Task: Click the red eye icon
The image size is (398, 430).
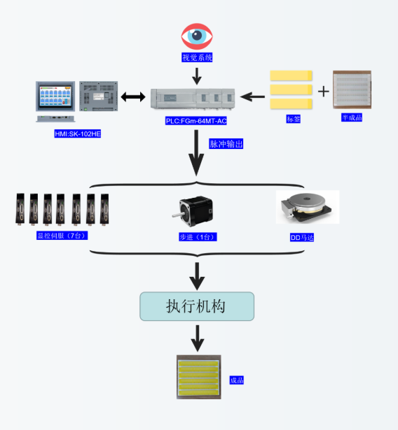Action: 197,36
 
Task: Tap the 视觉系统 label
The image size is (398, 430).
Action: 197,57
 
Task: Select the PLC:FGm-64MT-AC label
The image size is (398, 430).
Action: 196,121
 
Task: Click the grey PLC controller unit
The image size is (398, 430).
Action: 193,99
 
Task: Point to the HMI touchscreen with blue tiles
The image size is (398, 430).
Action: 55,96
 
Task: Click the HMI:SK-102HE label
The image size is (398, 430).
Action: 78,134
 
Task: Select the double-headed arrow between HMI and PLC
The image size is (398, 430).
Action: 133,96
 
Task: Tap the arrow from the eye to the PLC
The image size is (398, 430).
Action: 197,76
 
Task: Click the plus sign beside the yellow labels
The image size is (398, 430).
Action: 324,92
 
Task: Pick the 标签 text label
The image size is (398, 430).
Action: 294,119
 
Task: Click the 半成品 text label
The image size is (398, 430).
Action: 352,117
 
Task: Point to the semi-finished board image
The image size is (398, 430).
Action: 352,89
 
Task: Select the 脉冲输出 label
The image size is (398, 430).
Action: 226,144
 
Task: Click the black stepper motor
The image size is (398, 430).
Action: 193,211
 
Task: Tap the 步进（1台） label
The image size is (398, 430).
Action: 198,237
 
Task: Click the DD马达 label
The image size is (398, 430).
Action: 302,238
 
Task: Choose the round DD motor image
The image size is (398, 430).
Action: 308,207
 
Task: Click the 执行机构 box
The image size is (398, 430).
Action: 197,306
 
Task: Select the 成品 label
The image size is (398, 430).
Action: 236,380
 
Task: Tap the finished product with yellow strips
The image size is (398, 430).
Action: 199,377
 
